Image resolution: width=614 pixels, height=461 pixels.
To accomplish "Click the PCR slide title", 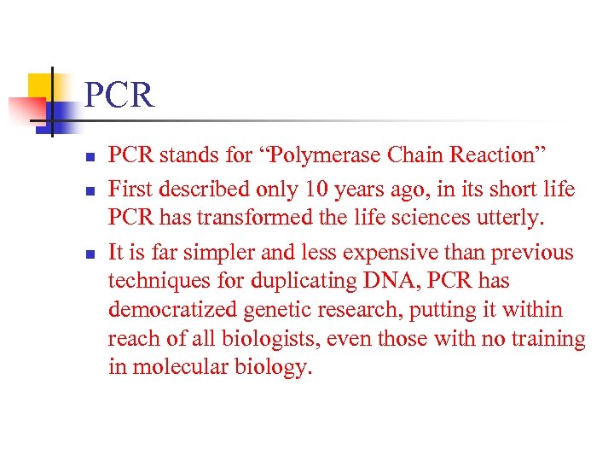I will (x=119, y=95).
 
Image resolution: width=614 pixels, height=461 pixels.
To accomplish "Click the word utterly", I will (x=510, y=219).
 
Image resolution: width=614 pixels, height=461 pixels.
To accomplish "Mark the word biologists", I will (x=253, y=339).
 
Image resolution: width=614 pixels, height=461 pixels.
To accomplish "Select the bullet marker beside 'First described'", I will (x=90, y=190).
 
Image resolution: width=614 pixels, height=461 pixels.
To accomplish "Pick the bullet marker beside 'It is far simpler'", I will (x=90, y=254).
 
